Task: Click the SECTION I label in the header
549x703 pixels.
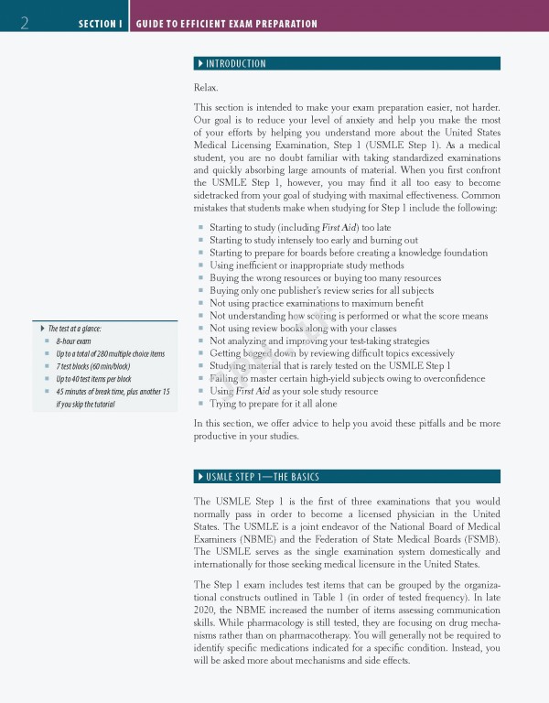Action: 101,24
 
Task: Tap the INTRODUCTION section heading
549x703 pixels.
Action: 236,64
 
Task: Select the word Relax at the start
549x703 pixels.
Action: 206,87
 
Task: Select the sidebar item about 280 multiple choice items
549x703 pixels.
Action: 110,353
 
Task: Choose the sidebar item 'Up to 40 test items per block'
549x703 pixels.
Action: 93,378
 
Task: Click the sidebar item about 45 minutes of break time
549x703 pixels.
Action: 113,391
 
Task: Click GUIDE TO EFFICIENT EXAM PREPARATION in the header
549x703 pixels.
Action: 227,24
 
